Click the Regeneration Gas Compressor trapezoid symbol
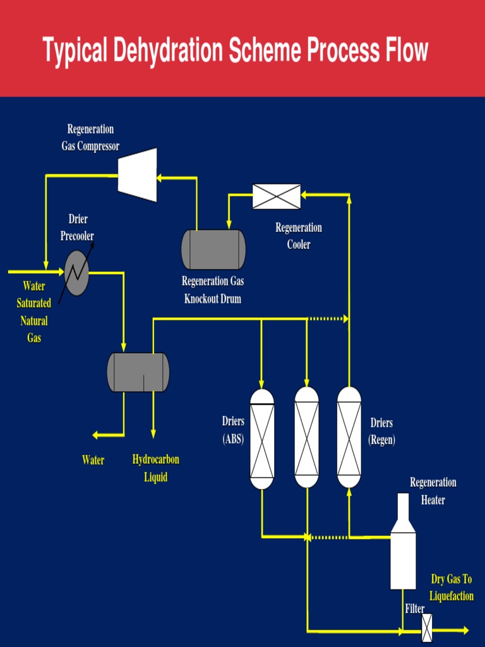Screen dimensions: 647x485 click(x=138, y=175)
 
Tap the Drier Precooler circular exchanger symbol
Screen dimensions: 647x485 click(x=76, y=272)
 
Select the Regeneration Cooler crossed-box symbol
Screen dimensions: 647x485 click(x=277, y=197)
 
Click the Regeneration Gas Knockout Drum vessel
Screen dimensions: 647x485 click(x=213, y=250)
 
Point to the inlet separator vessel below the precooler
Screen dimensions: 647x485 click(x=138, y=372)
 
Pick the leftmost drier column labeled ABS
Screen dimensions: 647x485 click(x=262, y=439)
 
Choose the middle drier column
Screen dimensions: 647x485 click(x=307, y=437)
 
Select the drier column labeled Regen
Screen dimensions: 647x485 click(x=349, y=437)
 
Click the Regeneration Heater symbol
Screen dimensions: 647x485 click(x=403, y=550)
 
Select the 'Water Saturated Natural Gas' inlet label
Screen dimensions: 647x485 click(x=34, y=312)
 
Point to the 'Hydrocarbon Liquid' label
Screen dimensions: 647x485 click(x=156, y=468)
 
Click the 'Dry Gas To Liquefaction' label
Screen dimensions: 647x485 click(x=452, y=588)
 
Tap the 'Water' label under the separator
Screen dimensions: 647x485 click(x=93, y=461)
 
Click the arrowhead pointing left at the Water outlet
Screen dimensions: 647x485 click(x=96, y=435)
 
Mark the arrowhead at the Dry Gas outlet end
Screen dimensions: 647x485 click(x=465, y=630)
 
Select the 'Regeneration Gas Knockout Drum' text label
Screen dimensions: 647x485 click(x=213, y=290)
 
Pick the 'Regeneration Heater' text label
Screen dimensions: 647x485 click(x=433, y=491)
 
